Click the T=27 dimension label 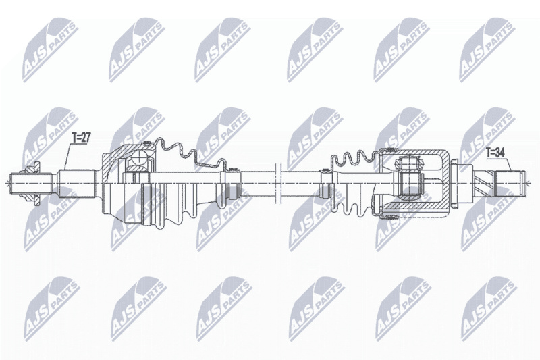81,138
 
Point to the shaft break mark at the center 279,183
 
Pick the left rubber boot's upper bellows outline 190,153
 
